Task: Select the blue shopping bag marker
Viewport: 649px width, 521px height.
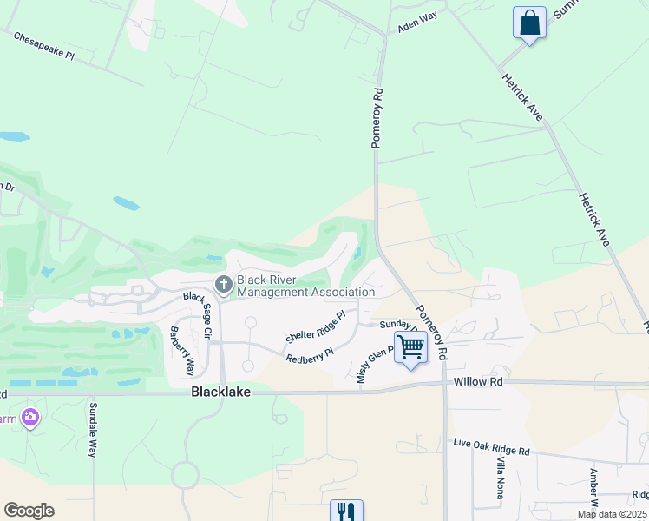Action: coord(529,23)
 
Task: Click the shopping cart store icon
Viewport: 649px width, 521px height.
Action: coord(411,347)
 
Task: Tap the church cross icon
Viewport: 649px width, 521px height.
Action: coord(223,284)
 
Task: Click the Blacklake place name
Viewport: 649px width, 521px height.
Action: coord(220,392)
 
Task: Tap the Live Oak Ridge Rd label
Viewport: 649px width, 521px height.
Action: coord(491,447)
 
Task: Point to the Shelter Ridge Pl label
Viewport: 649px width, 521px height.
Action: coord(316,326)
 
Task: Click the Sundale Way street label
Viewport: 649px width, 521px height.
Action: coord(93,429)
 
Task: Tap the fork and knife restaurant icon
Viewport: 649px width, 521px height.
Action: coord(345,511)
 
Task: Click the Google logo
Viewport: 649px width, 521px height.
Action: coord(29,511)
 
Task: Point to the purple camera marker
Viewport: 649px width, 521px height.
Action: coord(31,419)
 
